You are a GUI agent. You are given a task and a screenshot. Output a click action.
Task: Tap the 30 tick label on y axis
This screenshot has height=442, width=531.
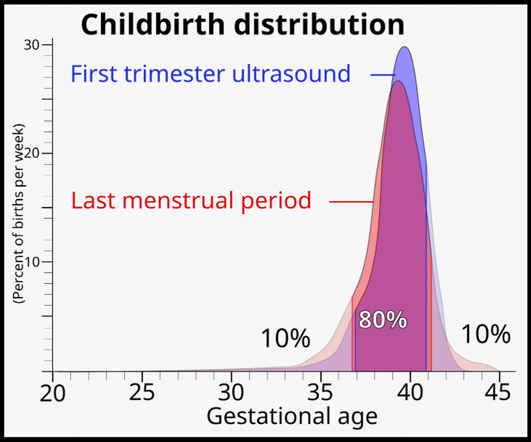click(x=32, y=45)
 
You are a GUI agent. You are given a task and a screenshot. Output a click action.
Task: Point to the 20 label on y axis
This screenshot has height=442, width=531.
click(x=32, y=153)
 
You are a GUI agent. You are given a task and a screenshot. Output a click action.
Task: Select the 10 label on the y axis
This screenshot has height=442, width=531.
click(x=32, y=262)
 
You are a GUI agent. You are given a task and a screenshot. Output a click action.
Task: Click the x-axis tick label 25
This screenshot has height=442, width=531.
click(x=142, y=393)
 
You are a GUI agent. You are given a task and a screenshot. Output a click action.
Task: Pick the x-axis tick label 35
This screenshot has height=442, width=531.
click(x=320, y=393)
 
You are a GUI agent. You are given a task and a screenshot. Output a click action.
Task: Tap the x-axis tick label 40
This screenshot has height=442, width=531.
click(x=410, y=393)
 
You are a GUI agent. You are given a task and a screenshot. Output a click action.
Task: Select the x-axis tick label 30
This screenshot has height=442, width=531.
click(x=231, y=393)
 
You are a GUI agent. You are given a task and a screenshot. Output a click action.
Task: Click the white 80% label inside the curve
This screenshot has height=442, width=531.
click(x=382, y=320)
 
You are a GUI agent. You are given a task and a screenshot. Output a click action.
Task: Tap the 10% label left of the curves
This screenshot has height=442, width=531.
click(x=285, y=338)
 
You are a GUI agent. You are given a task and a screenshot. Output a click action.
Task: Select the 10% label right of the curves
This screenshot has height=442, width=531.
click(x=486, y=334)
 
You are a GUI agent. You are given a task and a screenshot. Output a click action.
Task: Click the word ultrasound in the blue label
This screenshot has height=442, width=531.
click(x=291, y=74)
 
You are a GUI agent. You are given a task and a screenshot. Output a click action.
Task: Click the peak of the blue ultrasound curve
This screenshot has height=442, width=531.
click(x=405, y=47)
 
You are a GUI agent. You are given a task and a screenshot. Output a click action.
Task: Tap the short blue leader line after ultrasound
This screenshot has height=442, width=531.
click(x=383, y=75)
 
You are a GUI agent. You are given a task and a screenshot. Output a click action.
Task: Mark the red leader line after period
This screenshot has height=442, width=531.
click(x=351, y=202)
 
